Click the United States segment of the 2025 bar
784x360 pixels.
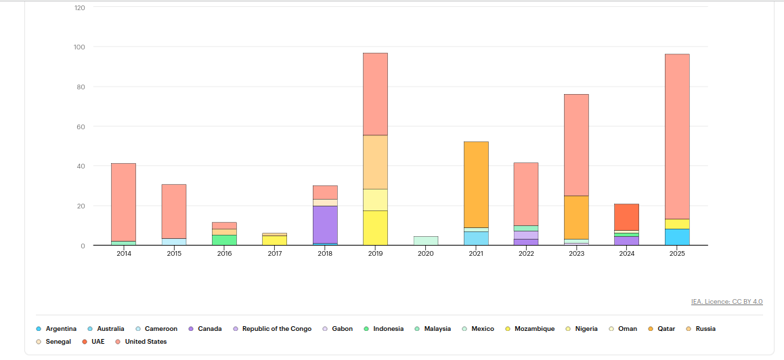pos(676,135)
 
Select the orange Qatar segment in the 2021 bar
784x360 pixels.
pos(476,184)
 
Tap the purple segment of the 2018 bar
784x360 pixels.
pos(325,224)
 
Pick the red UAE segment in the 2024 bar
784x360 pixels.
pos(626,217)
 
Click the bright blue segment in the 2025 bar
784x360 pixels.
pos(676,237)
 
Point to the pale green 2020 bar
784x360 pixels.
pos(426,240)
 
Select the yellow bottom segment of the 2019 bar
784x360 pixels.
pos(375,227)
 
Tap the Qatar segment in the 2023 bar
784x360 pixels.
pos(576,217)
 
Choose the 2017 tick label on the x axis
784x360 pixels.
pos(275,254)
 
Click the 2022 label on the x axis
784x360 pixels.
pos(526,254)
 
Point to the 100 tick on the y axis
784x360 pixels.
pos(80,47)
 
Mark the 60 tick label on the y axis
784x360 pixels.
pos(81,127)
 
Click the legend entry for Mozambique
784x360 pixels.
pos(534,329)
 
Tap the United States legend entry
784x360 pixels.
pos(145,342)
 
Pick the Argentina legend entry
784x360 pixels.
pos(60,329)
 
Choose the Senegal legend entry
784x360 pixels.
pos(58,342)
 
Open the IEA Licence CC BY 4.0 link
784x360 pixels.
pos(726,302)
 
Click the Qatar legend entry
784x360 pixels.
pos(666,329)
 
